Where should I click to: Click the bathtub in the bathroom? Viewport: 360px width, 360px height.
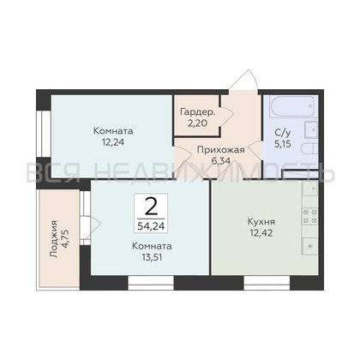tap(291, 106)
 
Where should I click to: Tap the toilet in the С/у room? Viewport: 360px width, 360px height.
tap(309, 149)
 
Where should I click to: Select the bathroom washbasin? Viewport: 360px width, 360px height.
tap(311, 129)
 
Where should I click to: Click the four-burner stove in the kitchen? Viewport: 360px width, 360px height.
tap(310, 216)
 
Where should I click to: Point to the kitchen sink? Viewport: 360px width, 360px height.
tap(310, 189)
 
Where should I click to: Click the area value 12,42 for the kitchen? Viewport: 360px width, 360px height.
tap(261, 233)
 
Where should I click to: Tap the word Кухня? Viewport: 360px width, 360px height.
tap(261, 221)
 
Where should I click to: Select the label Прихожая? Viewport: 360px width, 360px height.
tap(221, 150)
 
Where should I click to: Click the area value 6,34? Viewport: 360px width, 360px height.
tap(220, 161)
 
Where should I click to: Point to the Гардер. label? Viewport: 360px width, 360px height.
tap(198, 112)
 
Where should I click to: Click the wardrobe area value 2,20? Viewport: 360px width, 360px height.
tap(197, 123)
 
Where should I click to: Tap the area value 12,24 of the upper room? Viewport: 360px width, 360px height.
tap(113, 142)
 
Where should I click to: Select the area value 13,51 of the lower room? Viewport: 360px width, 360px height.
tap(152, 257)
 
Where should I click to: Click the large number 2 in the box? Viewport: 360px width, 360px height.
tap(151, 207)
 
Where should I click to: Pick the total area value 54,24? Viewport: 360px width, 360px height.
tap(151, 226)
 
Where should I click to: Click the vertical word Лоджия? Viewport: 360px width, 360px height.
tap(54, 239)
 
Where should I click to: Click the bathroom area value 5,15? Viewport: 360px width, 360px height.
tap(283, 144)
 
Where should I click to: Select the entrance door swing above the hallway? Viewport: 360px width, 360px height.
tap(244, 80)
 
